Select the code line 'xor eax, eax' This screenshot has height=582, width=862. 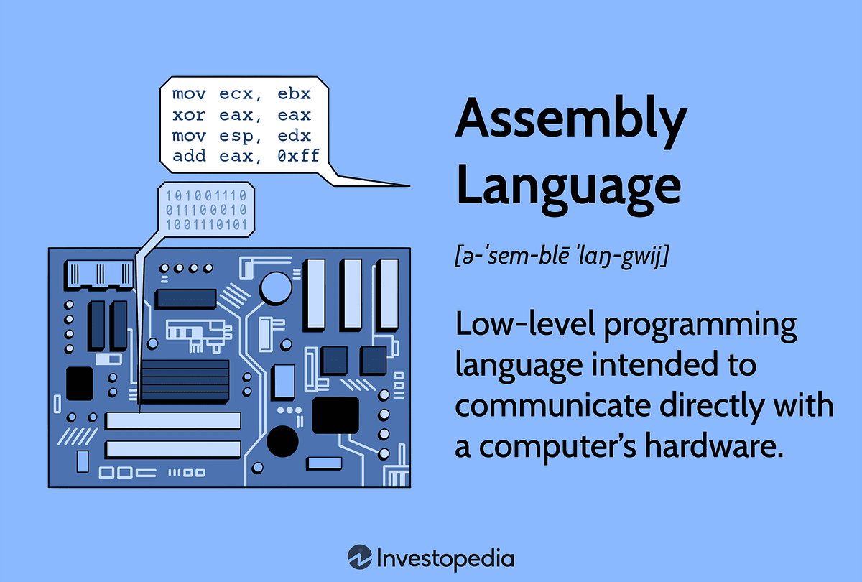coord(241,115)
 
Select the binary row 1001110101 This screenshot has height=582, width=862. coord(207,226)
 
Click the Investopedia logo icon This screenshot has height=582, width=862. coord(358,558)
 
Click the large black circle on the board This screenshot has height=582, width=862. coord(282,440)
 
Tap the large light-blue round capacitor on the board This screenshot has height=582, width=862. coord(274,287)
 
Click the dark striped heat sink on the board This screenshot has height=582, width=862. coord(185,382)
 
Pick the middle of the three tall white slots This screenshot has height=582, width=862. coord(351,293)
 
